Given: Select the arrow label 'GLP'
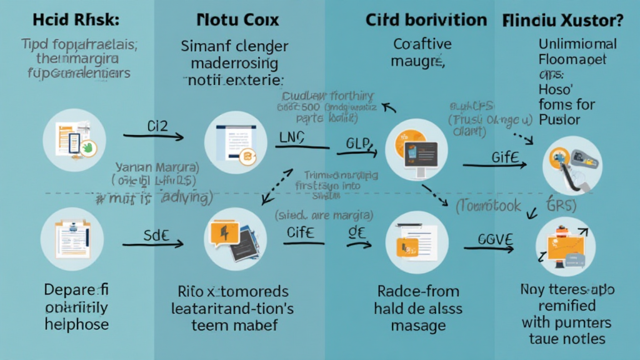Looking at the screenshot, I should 359,143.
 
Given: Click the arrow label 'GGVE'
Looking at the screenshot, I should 495,239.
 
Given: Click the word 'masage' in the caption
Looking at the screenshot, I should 418,326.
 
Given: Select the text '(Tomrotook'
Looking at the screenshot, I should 488,206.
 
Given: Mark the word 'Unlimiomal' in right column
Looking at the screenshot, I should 577,44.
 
